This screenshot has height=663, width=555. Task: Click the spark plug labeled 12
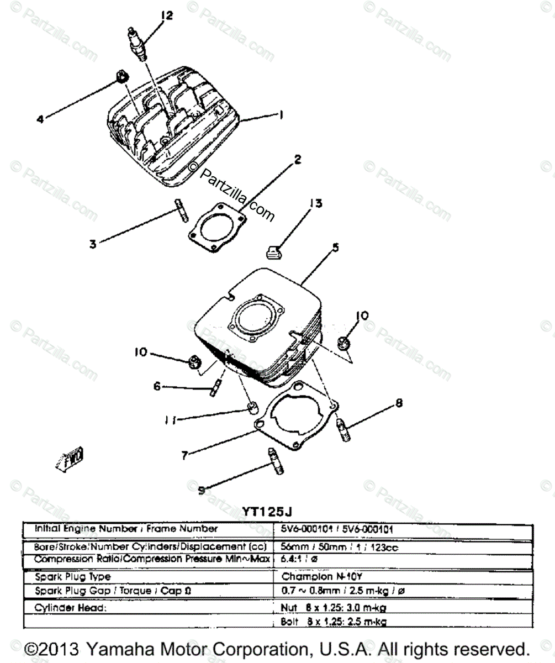tap(138, 44)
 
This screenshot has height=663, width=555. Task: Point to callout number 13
tap(315, 204)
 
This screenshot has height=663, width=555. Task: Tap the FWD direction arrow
tap(71, 458)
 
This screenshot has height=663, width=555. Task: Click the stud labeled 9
tap(276, 460)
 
